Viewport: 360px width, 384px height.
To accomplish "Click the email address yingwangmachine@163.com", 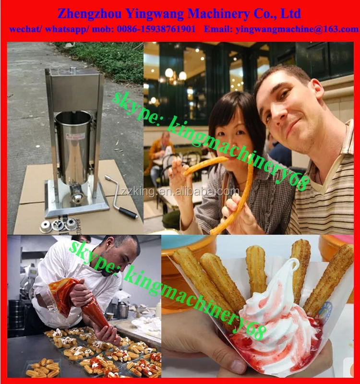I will tap(297, 29).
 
